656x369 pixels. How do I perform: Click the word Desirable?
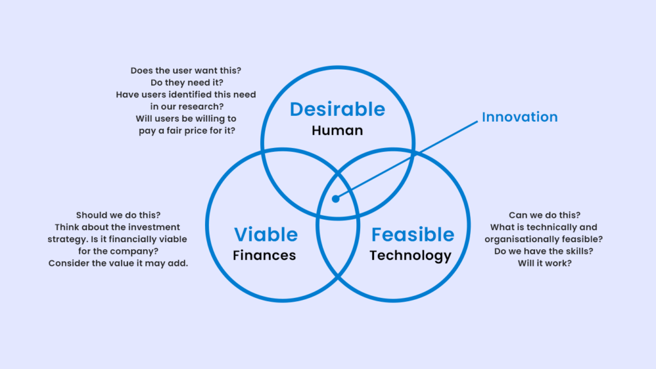pos(337,109)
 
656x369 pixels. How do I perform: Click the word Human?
pos(337,131)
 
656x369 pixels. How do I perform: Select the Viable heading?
pos(266,234)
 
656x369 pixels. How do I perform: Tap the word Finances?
pos(265,255)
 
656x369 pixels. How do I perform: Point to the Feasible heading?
pos(413,234)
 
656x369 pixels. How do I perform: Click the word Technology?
pos(411,256)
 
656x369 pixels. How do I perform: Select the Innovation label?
pos(520,117)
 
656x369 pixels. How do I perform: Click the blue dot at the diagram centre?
pos(336,199)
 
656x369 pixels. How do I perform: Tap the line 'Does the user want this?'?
pos(186,70)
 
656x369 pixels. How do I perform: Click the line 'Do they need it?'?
pos(186,83)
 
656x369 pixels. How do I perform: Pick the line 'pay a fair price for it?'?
pos(186,131)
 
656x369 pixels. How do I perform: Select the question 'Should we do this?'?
pos(118,215)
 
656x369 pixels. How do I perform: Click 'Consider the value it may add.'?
pos(118,263)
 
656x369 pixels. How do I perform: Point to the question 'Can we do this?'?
pos(545,215)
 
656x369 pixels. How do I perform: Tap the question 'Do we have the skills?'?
pos(543,251)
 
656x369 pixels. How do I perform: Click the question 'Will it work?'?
pos(545,263)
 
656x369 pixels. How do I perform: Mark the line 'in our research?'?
pos(186,107)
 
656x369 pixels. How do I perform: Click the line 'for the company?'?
pos(118,251)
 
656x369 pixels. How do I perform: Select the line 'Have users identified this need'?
pos(186,95)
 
